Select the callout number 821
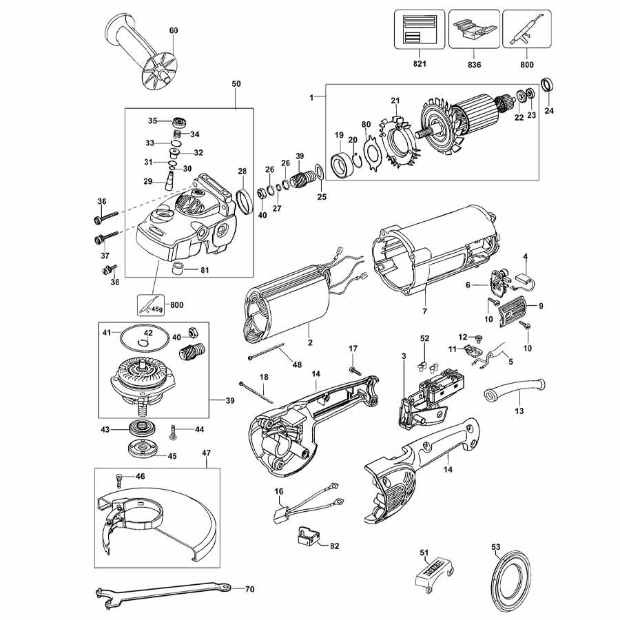420,63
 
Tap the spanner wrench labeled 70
163,592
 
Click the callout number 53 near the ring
495,547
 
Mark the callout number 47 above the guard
207,453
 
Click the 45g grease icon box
151,305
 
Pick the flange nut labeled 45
141,448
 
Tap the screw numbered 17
355,371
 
